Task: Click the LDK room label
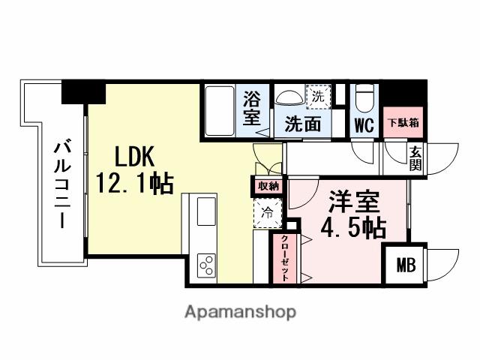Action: click(134, 157)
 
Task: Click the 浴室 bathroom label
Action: click(252, 109)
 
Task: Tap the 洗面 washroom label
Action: click(302, 124)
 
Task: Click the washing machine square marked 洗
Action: click(318, 97)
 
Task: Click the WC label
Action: click(364, 124)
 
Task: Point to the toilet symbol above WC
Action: click(364, 97)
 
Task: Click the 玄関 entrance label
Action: click(415, 159)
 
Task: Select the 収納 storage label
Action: click(268, 186)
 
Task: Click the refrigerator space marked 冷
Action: click(267, 212)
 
